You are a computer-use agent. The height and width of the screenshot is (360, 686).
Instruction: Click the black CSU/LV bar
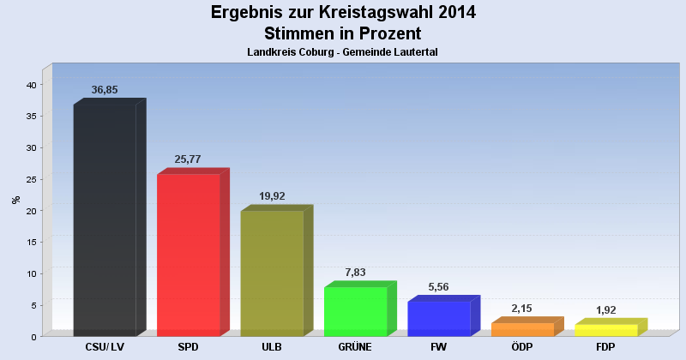[x=105, y=220]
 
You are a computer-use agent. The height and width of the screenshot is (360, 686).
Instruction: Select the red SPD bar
[x=189, y=255]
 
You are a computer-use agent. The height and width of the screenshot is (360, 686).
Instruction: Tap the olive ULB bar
[x=272, y=273]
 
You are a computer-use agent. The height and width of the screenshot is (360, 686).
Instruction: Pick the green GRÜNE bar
[x=355, y=311]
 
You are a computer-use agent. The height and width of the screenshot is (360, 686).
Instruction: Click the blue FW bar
[x=438, y=318]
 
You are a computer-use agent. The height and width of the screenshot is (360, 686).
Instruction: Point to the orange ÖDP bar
[x=522, y=329]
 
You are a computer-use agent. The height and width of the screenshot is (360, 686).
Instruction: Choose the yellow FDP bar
[x=605, y=330]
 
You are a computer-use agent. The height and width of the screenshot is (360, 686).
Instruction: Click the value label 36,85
[x=105, y=90]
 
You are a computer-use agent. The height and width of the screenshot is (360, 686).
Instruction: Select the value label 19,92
[x=272, y=195]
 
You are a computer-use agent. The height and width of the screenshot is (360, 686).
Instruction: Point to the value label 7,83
[x=355, y=272]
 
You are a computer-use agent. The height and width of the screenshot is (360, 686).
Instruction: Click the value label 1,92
[x=605, y=310]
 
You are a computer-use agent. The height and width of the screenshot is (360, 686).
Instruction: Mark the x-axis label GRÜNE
[x=355, y=347]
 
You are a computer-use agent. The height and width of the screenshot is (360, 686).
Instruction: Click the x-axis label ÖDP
[x=522, y=347]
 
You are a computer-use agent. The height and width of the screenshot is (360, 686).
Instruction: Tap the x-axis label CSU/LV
[x=105, y=347]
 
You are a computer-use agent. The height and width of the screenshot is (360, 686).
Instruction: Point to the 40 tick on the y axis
[x=30, y=85]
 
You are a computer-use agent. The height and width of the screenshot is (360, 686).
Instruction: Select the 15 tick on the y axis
[x=30, y=243]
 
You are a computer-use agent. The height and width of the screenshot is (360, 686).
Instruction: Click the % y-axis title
[x=15, y=200]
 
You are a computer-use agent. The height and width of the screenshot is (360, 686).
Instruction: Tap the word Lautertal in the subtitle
[x=415, y=53]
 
